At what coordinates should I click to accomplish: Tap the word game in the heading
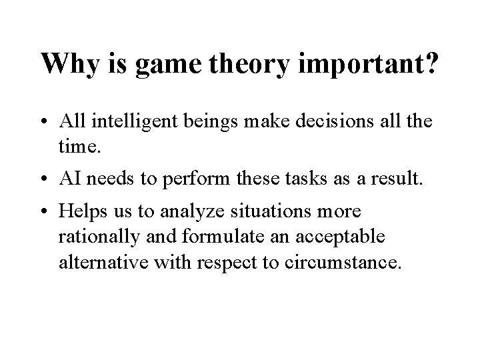coord(171,65)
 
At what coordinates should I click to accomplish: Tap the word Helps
coord(79,212)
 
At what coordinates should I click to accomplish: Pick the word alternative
coord(96,261)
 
